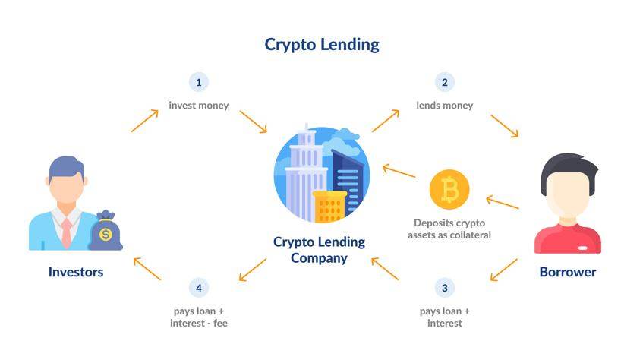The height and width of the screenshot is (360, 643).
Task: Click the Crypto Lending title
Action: click(x=322, y=44)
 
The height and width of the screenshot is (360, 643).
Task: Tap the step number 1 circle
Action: click(x=198, y=82)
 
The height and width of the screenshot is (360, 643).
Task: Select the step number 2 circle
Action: click(x=444, y=82)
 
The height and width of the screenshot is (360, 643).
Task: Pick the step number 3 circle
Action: click(x=444, y=288)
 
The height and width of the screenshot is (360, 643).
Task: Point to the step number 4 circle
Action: click(x=198, y=288)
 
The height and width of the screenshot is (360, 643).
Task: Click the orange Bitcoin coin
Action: click(x=449, y=190)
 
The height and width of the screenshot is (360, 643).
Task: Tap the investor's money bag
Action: click(x=106, y=232)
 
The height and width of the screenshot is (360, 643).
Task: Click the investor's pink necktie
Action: click(x=67, y=232)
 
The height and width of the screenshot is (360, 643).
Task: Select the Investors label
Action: click(x=76, y=272)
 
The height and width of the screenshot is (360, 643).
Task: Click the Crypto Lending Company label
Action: click(x=320, y=250)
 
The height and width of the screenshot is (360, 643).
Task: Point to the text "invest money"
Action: click(x=199, y=106)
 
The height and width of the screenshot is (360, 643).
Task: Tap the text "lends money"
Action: click(x=445, y=106)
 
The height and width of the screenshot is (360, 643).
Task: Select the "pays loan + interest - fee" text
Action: click(x=199, y=317)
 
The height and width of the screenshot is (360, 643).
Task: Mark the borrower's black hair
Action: click(x=568, y=169)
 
